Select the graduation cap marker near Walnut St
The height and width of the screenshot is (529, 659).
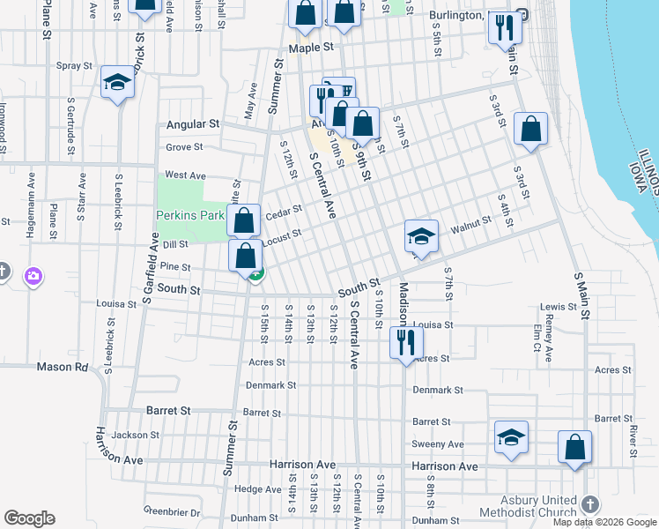[422, 236]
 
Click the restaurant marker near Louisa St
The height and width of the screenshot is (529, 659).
[405, 339]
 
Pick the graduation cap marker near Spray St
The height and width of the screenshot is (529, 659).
[117, 83]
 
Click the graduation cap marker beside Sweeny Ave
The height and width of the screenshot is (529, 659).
[510, 438]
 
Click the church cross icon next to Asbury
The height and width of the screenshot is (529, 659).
[589, 504]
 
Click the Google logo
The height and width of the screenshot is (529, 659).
[29, 518]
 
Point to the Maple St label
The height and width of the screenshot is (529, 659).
[317, 47]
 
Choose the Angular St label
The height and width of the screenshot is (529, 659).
[192, 125]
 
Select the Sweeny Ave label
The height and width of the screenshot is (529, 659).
[443, 444]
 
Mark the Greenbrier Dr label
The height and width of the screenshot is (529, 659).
[172, 511]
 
